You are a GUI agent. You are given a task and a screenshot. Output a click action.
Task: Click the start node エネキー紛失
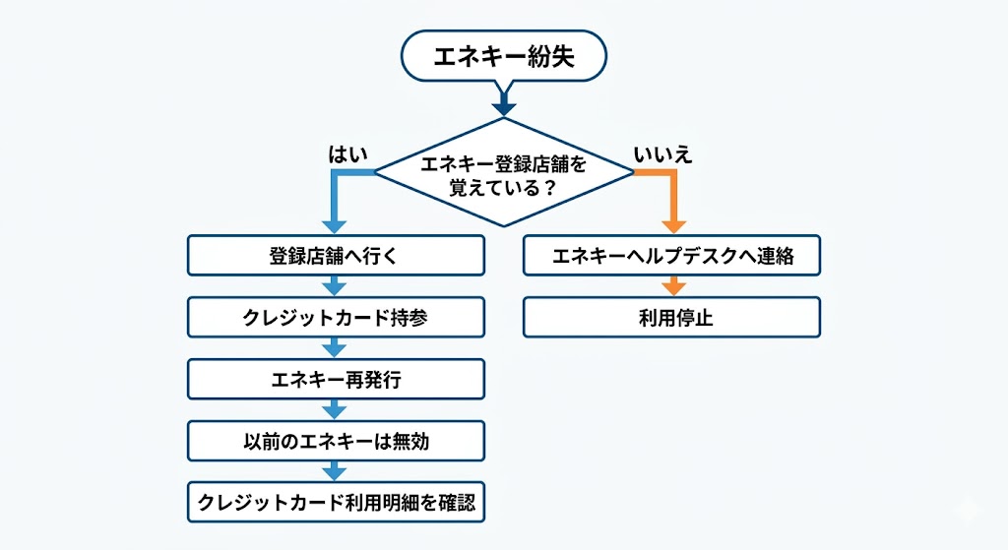coord(503,57)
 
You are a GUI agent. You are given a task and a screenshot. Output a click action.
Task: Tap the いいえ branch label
coord(662,153)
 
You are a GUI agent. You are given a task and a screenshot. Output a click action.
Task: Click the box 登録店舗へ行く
coord(336,256)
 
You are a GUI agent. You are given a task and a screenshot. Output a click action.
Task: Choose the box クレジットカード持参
coord(336,318)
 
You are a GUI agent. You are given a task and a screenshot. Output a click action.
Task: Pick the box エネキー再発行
coord(336,380)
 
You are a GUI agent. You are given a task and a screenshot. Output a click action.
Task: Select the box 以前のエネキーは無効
coord(336,441)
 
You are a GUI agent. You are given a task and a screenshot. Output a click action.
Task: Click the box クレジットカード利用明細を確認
coord(336,503)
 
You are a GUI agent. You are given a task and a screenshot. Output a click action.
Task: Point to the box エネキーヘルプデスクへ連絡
coord(671,256)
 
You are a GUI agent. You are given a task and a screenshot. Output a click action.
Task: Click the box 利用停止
coord(671,318)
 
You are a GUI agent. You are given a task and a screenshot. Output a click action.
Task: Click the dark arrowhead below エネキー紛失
coord(503,105)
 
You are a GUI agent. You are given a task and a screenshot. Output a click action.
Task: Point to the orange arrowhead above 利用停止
coord(673,286)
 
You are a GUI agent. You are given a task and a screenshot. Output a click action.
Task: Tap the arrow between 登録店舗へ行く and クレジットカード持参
coord(335,286)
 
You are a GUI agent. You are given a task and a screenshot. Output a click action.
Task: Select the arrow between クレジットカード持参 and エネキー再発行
coord(335,348)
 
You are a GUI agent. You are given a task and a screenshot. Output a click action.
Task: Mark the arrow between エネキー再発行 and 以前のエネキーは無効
coord(335,410)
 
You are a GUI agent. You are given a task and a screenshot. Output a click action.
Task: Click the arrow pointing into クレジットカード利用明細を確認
coord(335,471)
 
